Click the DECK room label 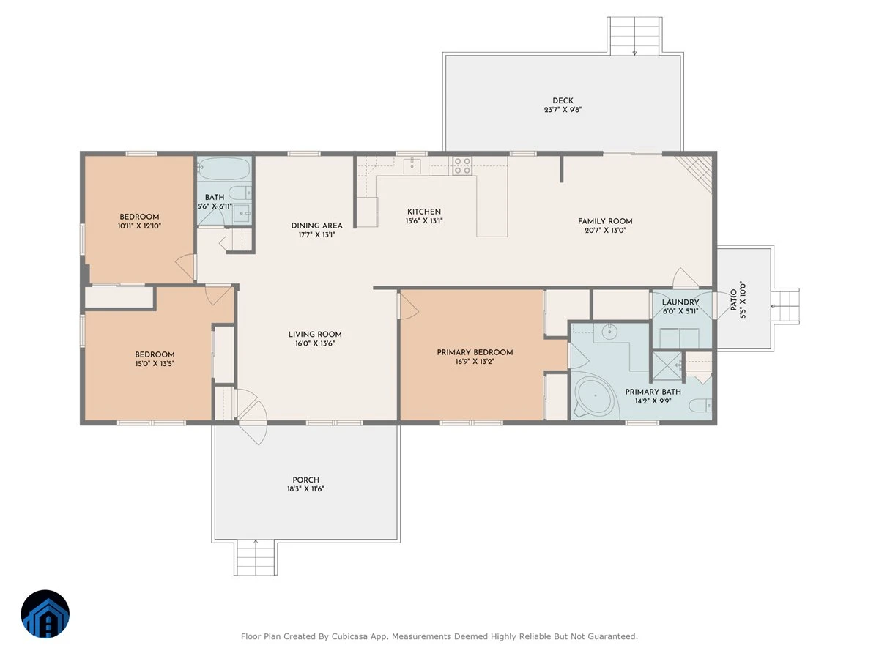tap(563, 101)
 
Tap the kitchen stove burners tap(462, 166)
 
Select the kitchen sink tap(412, 165)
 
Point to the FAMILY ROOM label tap(605, 221)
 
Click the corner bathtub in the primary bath tap(595, 396)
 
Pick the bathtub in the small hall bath tap(223, 169)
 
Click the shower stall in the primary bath tap(667, 366)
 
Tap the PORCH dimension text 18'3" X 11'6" tap(305, 488)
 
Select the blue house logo tap(45, 614)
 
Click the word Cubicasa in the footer tap(348, 636)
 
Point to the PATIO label tap(734, 300)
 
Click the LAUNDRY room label tap(680, 302)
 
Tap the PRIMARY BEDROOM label tap(475, 352)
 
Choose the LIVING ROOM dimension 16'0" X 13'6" tap(315, 343)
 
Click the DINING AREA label tap(316, 226)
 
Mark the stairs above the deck tap(634, 36)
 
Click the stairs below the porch tap(256, 557)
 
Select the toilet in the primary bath tap(700, 406)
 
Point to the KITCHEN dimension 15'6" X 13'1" tap(423, 221)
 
